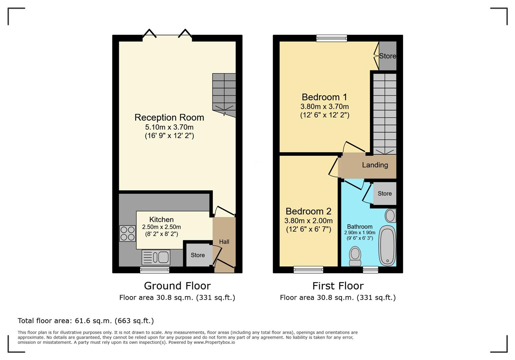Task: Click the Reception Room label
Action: pos(169,117)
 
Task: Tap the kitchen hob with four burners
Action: pos(127,233)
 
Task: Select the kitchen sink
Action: pos(156,257)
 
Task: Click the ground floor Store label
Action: pos(198,255)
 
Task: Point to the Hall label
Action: pos(224,242)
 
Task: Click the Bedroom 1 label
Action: pos(325,97)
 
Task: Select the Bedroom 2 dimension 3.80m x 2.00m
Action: pos(309,221)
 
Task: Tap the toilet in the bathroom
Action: pos(355,256)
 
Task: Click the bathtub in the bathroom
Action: pos(387,245)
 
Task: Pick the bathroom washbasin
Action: pos(391,215)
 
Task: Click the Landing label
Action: pos(375,165)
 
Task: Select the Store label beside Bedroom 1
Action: pos(388,56)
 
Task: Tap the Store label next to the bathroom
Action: pos(385,193)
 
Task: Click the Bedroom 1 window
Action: pos(332,38)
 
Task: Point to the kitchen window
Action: pos(155,270)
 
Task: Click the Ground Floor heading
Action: pos(177,286)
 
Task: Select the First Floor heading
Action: pos(338,286)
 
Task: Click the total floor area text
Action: pos(86,321)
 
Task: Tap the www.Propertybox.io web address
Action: pos(214,342)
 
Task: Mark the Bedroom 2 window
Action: pos(309,270)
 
